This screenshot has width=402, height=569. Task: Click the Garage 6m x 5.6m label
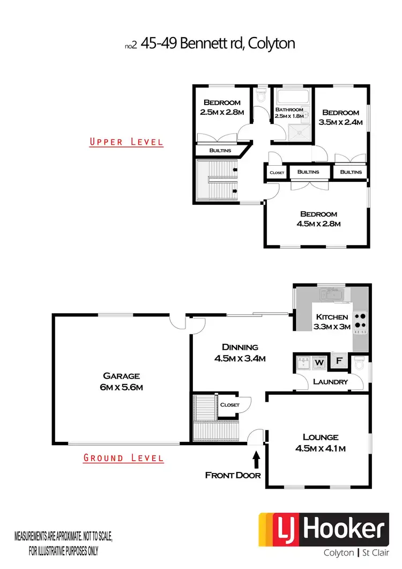coord(123,381)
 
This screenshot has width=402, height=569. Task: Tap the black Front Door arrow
coord(256,459)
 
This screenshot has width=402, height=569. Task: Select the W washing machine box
coord(319,363)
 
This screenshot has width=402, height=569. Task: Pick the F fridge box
coord(339,361)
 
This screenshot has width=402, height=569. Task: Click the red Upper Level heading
coord(126,142)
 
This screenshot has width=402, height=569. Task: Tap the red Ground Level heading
coord(123,458)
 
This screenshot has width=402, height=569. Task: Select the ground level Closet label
coord(229,405)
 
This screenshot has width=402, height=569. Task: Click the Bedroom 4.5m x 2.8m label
coord(318,219)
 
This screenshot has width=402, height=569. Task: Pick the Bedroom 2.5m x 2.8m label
coord(222,107)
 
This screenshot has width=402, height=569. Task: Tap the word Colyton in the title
coord(274,43)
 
